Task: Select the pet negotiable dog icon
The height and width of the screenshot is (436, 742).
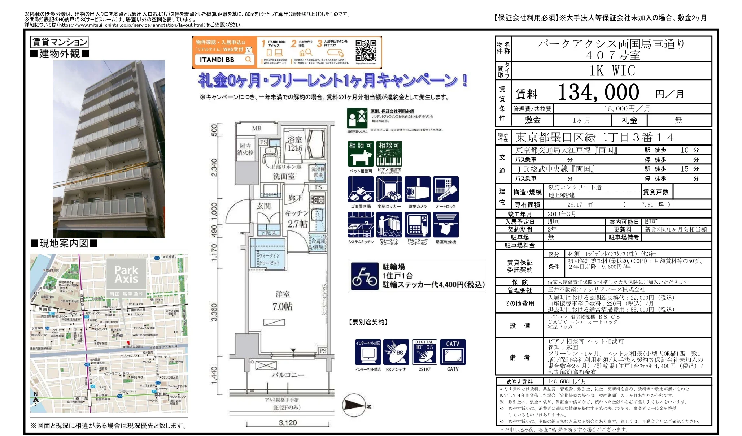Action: tap(361, 154)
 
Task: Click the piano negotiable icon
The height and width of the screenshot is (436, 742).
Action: tap(389, 154)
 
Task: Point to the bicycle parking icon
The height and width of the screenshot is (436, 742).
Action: tap(365, 276)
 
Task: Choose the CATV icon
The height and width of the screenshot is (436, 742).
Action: tap(453, 352)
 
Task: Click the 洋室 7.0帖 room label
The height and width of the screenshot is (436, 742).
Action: tap(282, 301)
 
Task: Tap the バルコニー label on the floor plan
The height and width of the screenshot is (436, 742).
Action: tap(288, 375)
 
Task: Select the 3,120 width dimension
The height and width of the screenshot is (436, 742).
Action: tap(288, 423)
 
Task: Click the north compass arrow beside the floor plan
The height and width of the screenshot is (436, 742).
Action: tap(355, 405)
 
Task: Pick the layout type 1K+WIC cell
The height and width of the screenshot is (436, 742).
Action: tap(612, 70)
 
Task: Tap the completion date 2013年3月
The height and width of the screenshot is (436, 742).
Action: tap(561, 214)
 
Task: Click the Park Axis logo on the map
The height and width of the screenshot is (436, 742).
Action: tap(126, 275)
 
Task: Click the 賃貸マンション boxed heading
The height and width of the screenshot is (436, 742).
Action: tap(59, 42)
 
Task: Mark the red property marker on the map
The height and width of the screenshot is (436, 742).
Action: tap(127, 342)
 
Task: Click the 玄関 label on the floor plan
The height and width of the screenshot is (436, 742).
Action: tap(263, 206)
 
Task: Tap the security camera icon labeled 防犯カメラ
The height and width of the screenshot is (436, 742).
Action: tap(417, 189)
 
